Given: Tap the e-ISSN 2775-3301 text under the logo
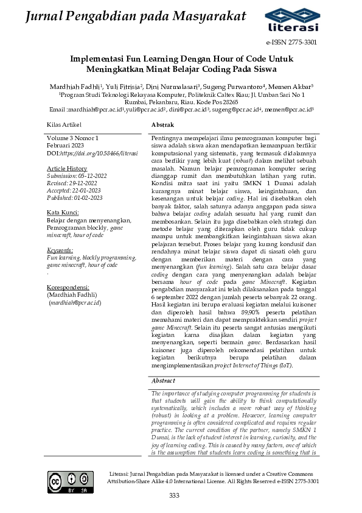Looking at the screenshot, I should [291, 43].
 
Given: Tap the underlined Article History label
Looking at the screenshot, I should [67, 168].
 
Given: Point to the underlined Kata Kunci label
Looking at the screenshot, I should [61, 212].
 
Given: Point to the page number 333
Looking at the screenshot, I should [174, 495].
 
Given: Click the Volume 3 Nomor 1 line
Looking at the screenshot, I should [72, 140].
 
